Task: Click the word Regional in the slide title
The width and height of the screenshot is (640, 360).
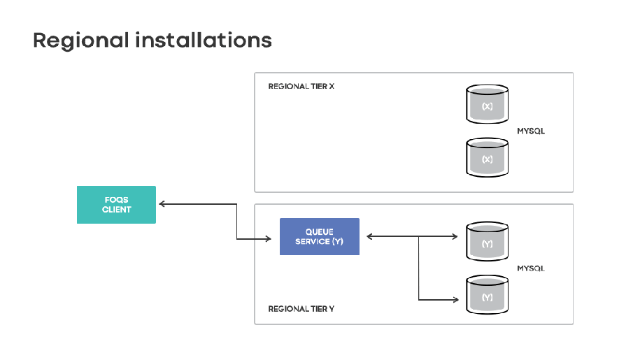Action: (80, 40)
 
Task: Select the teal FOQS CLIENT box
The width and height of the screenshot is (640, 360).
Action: (116, 205)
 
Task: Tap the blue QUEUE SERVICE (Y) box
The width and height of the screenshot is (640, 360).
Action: (319, 236)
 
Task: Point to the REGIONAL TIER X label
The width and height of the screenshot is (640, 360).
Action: (301, 87)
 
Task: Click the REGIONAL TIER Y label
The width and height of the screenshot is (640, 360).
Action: (301, 308)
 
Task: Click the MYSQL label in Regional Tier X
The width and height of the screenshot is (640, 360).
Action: (530, 131)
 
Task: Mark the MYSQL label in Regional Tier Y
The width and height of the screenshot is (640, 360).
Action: (530, 268)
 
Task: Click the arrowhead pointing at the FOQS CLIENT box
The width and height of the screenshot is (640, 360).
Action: (162, 204)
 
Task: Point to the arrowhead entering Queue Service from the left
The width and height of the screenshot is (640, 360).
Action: (268, 239)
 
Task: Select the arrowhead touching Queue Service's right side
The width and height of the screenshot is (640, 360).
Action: (370, 237)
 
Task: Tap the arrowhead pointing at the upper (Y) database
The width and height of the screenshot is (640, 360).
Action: (455, 237)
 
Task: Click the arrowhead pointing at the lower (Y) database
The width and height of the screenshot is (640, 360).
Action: (455, 300)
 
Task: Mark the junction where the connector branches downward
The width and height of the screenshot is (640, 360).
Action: (419, 237)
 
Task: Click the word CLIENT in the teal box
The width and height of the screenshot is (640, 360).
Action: (116, 209)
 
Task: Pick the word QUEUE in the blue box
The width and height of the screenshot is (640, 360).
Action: (319, 231)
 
